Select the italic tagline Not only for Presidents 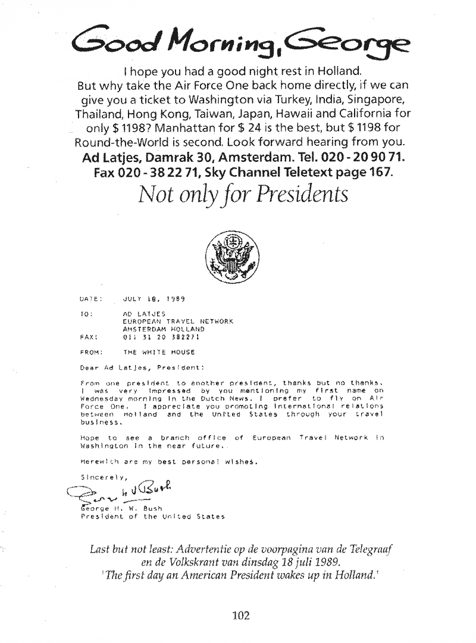242,195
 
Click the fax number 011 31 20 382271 161,336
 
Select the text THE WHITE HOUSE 159,352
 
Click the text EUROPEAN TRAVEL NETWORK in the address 177,321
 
